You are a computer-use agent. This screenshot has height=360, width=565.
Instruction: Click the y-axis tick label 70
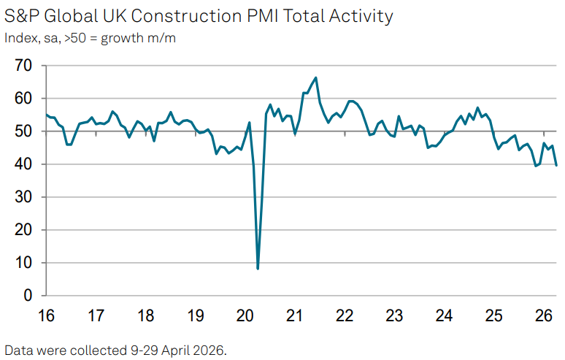click(x=23, y=66)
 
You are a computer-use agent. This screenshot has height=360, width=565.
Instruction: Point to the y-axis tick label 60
click(x=23, y=99)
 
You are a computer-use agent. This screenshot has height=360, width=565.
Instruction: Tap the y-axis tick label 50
click(x=23, y=131)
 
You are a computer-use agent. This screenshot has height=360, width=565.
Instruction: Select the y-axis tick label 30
click(x=23, y=197)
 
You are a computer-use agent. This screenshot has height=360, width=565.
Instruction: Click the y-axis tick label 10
click(x=23, y=263)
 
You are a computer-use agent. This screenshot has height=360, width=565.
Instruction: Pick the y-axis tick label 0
click(x=28, y=296)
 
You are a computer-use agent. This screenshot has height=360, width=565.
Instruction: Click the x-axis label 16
click(x=46, y=316)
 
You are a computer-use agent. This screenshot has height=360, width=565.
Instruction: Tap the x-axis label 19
click(x=196, y=316)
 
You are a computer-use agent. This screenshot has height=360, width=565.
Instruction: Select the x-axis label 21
click(x=294, y=316)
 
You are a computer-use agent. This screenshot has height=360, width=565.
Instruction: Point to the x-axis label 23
click(x=394, y=316)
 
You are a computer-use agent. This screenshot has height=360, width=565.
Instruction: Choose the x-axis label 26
click(x=543, y=316)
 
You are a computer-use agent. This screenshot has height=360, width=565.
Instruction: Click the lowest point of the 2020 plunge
click(x=258, y=269)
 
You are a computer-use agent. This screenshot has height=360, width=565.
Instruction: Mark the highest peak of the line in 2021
click(x=315, y=77)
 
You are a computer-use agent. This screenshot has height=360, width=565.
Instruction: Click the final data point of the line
click(x=556, y=166)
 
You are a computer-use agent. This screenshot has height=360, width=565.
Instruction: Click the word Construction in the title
click(x=186, y=16)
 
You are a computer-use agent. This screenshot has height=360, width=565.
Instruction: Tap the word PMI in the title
click(x=262, y=16)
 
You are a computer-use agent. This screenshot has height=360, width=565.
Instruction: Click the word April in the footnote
click(x=175, y=351)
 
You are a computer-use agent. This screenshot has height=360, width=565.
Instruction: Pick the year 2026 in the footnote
click(x=210, y=350)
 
